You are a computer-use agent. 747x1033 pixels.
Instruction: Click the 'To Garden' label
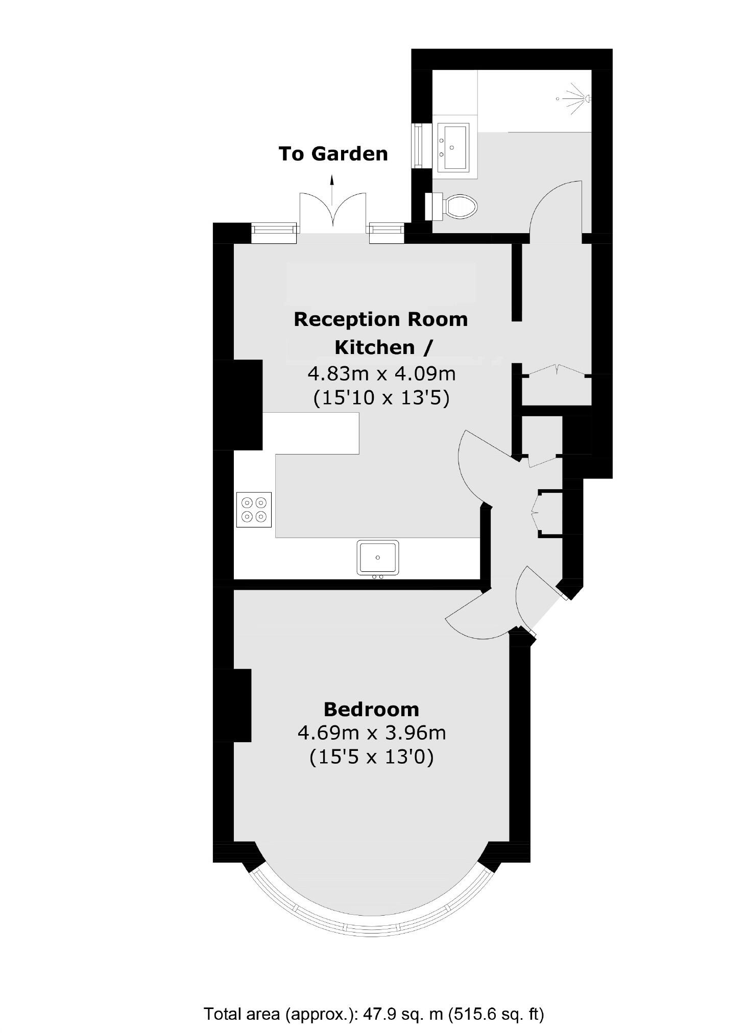[x=333, y=154]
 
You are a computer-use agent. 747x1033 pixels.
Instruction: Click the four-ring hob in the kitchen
[x=254, y=509]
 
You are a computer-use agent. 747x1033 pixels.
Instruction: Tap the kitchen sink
[x=378, y=558]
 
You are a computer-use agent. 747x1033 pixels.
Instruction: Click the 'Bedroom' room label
[x=371, y=709]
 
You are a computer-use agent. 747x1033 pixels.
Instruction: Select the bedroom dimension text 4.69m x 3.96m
[x=371, y=733]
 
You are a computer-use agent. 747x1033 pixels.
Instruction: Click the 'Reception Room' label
[x=381, y=319]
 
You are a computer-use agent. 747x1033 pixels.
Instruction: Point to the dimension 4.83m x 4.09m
[x=381, y=374]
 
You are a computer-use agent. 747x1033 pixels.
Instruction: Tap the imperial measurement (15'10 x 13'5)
[x=381, y=397]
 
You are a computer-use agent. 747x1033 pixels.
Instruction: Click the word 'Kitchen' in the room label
[x=375, y=347]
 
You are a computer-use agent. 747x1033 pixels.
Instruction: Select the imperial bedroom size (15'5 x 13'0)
[x=371, y=757]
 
